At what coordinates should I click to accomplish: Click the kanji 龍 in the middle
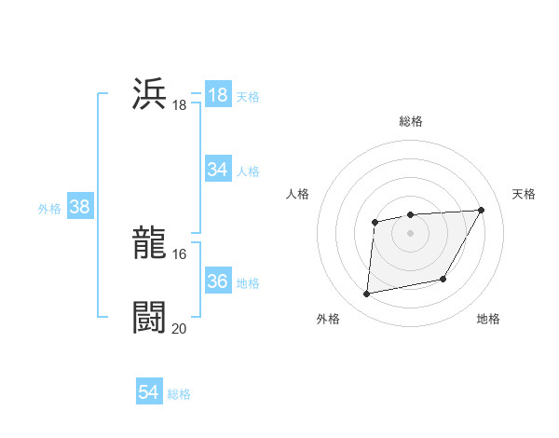click(x=149, y=243)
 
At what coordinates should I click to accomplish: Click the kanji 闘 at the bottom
click(x=149, y=317)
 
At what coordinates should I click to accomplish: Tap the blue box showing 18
click(x=217, y=95)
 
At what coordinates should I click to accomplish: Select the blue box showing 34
click(x=217, y=170)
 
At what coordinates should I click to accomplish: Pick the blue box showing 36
click(x=217, y=281)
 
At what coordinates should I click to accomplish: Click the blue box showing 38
click(x=79, y=207)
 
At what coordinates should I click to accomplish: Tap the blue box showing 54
click(x=148, y=392)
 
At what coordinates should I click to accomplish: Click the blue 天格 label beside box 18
click(x=248, y=96)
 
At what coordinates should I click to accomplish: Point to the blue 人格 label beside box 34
click(x=248, y=171)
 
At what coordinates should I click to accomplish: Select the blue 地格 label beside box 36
click(x=248, y=282)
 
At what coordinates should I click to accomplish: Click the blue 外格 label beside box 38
click(x=49, y=208)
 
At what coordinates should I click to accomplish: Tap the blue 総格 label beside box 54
click(x=179, y=394)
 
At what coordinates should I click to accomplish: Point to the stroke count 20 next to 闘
click(x=179, y=328)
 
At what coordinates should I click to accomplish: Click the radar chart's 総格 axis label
click(x=410, y=121)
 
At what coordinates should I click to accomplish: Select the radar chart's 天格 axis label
click(x=524, y=194)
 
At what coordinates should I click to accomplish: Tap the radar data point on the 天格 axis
click(x=481, y=210)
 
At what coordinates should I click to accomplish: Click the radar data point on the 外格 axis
click(x=367, y=294)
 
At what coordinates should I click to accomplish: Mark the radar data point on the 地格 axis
click(x=443, y=279)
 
